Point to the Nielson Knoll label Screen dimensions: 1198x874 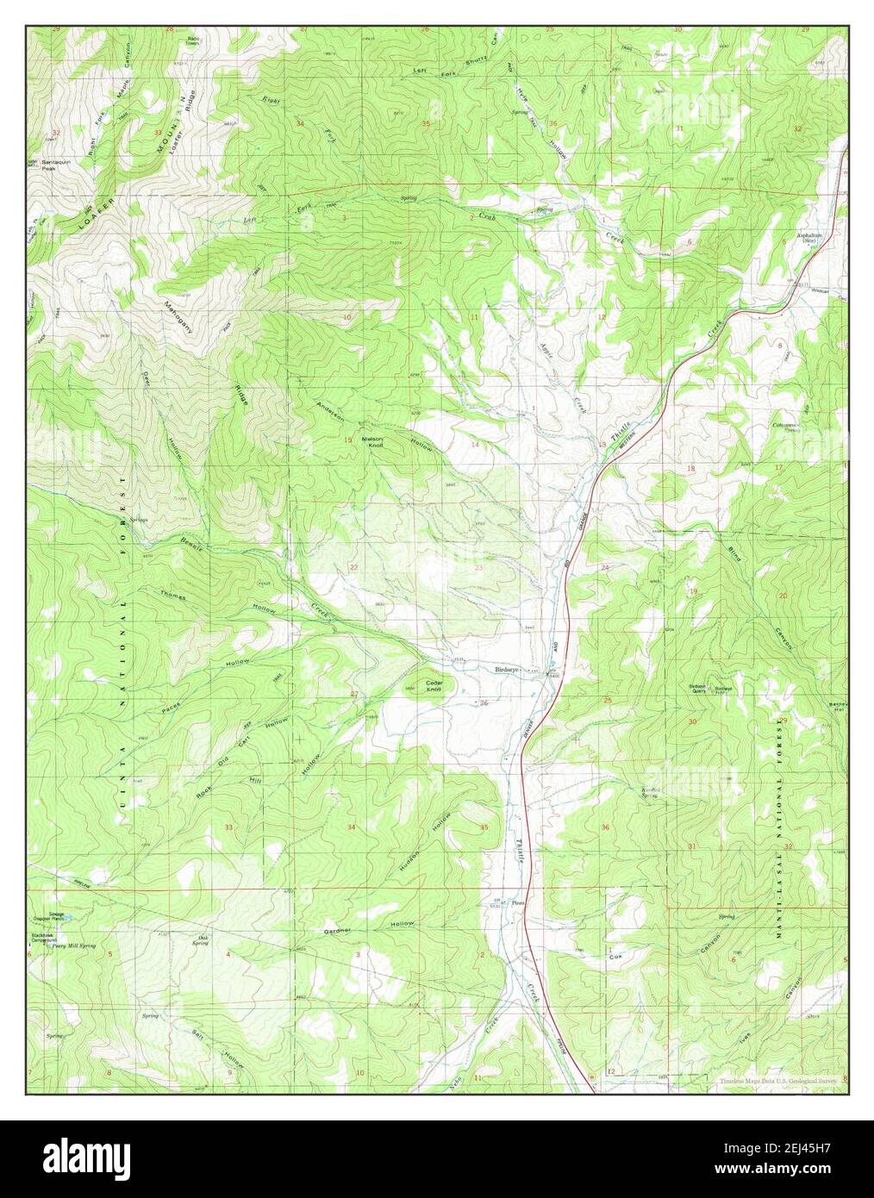point(372,440)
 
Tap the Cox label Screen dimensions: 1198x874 point(615,957)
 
